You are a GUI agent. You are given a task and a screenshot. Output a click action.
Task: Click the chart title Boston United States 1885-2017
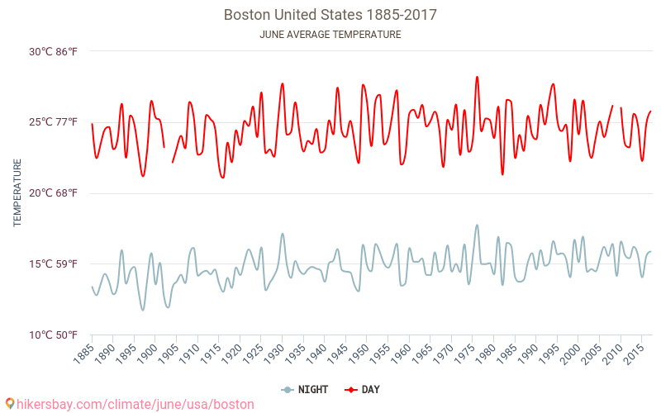click(330, 15)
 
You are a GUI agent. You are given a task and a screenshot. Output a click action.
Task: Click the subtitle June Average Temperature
click(330, 35)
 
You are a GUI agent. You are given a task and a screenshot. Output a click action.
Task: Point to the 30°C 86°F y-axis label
click(54, 51)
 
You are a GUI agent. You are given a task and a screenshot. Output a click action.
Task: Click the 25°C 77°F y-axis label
click(54, 122)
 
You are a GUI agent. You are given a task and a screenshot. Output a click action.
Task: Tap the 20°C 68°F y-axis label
click(54, 193)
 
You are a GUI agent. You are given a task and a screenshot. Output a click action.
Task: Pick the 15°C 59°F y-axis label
click(54, 264)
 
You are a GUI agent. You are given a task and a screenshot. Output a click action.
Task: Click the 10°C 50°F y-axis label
click(54, 335)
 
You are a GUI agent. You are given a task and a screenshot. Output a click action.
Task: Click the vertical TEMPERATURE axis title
click(17, 193)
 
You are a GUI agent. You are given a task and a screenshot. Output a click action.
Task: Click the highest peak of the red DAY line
click(477, 77)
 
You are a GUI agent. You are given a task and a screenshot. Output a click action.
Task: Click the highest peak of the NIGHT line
click(477, 225)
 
